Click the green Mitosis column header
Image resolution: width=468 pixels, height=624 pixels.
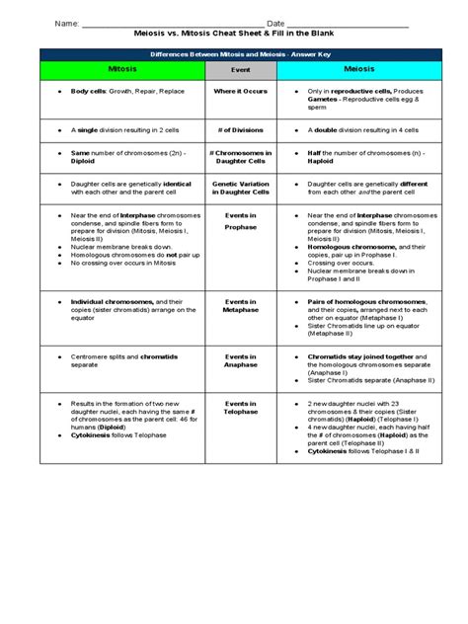click(121, 71)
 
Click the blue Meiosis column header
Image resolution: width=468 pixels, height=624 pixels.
click(356, 71)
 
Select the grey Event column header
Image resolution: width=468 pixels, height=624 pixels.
click(240, 71)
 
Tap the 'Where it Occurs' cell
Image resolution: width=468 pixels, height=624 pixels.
click(240, 91)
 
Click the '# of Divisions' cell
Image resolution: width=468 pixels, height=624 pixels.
click(240, 128)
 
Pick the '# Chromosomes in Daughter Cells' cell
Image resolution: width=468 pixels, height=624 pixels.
click(240, 158)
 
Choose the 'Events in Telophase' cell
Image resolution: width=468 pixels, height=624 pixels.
click(240, 408)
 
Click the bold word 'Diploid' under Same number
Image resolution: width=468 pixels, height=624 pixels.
click(84, 162)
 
